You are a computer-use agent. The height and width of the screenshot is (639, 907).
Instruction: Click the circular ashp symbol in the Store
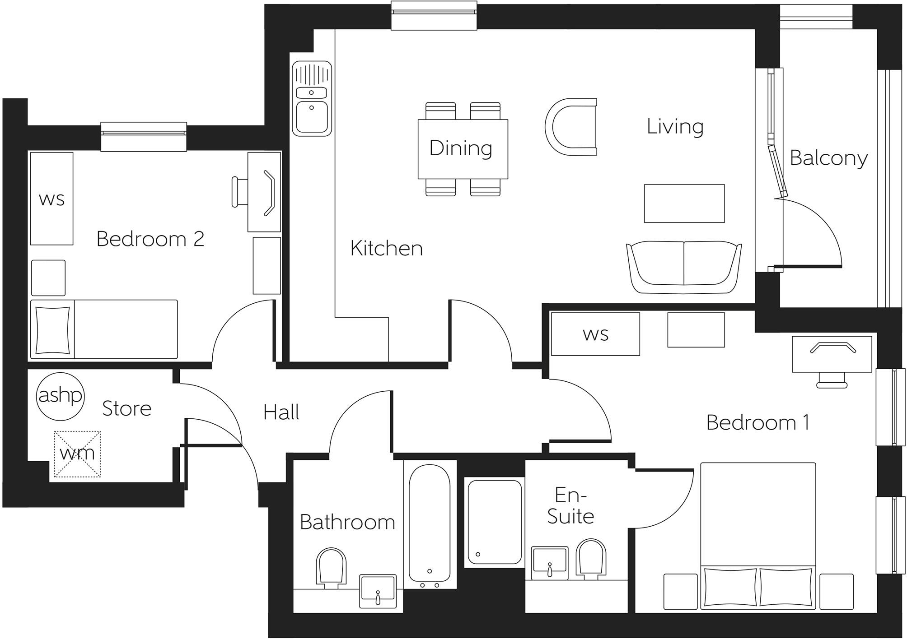(60, 396)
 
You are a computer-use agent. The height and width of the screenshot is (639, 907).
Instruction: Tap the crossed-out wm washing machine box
(77, 454)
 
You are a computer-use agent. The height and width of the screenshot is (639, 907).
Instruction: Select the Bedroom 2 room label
(150, 239)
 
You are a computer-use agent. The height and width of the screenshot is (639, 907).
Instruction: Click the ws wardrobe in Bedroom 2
(51, 199)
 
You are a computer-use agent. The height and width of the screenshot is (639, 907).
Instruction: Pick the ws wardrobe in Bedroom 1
(595, 334)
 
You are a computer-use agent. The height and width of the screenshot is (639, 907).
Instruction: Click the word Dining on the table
(460, 148)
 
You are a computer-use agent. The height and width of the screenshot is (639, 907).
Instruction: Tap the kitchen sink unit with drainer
(311, 99)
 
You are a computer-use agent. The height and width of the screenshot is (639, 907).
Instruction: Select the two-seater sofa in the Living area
(684, 268)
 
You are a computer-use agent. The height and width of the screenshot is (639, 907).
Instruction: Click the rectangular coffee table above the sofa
(684, 203)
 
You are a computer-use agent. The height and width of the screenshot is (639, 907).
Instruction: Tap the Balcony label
(828, 158)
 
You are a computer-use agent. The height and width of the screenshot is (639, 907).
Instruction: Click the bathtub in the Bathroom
(430, 523)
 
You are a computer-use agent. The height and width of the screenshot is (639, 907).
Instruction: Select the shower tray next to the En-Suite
(494, 522)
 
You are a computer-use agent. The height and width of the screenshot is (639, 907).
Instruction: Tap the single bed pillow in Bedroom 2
(53, 330)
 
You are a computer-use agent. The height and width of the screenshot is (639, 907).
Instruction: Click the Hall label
(281, 412)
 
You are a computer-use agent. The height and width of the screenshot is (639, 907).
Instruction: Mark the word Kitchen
(386, 248)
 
